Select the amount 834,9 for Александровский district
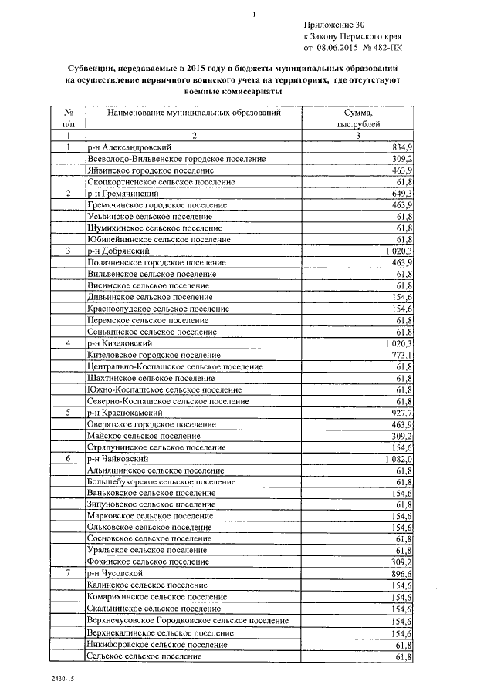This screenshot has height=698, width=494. [404, 147]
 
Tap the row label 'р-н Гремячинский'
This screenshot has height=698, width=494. [123, 193]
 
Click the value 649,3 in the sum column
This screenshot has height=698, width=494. [404, 193]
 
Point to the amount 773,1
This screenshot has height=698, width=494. [404, 355]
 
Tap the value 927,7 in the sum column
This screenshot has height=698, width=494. [404, 413]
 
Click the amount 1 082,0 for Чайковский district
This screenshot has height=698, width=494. [399, 459]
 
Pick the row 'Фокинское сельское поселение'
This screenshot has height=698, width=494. [148, 563]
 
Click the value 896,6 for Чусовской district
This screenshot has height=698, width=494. [404, 574]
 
